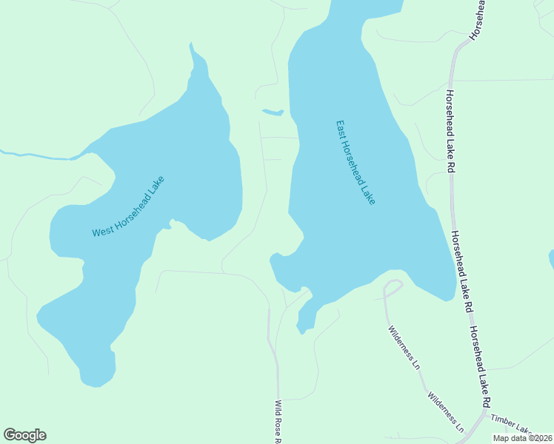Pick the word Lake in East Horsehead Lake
pyautogui.click(x=369, y=195)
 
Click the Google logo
pyautogui.click(x=24, y=435)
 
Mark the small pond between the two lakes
pyautogui.click(x=273, y=112)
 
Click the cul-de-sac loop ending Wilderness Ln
pyautogui.click(x=393, y=287)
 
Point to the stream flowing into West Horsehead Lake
pyautogui.click(x=37, y=155)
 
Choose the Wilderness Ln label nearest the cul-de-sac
pyautogui.click(x=404, y=343)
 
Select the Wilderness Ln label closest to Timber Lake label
pyautogui.click(x=445, y=412)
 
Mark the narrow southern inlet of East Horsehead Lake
pyautogui.click(x=304, y=320)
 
